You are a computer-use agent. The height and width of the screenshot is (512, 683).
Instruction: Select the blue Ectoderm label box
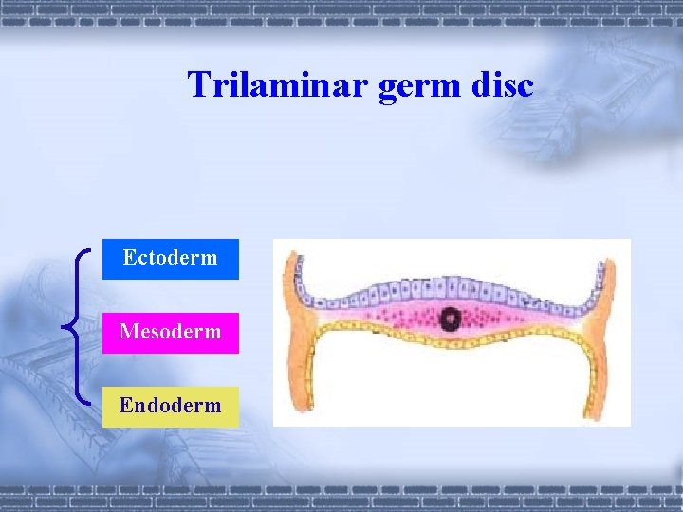pyautogui.click(x=171, y=258)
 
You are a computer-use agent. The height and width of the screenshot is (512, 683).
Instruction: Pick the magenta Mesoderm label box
pyautogui.click(x=171, y=332)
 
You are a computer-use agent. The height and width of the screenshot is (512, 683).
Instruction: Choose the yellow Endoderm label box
pyautogui.click(x=171, y=406)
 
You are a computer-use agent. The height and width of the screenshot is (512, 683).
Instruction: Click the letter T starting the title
pyautogui.click(x=197, y=85)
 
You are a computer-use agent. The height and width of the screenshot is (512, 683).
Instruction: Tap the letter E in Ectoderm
pyautogui.click(x=129, y=258)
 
